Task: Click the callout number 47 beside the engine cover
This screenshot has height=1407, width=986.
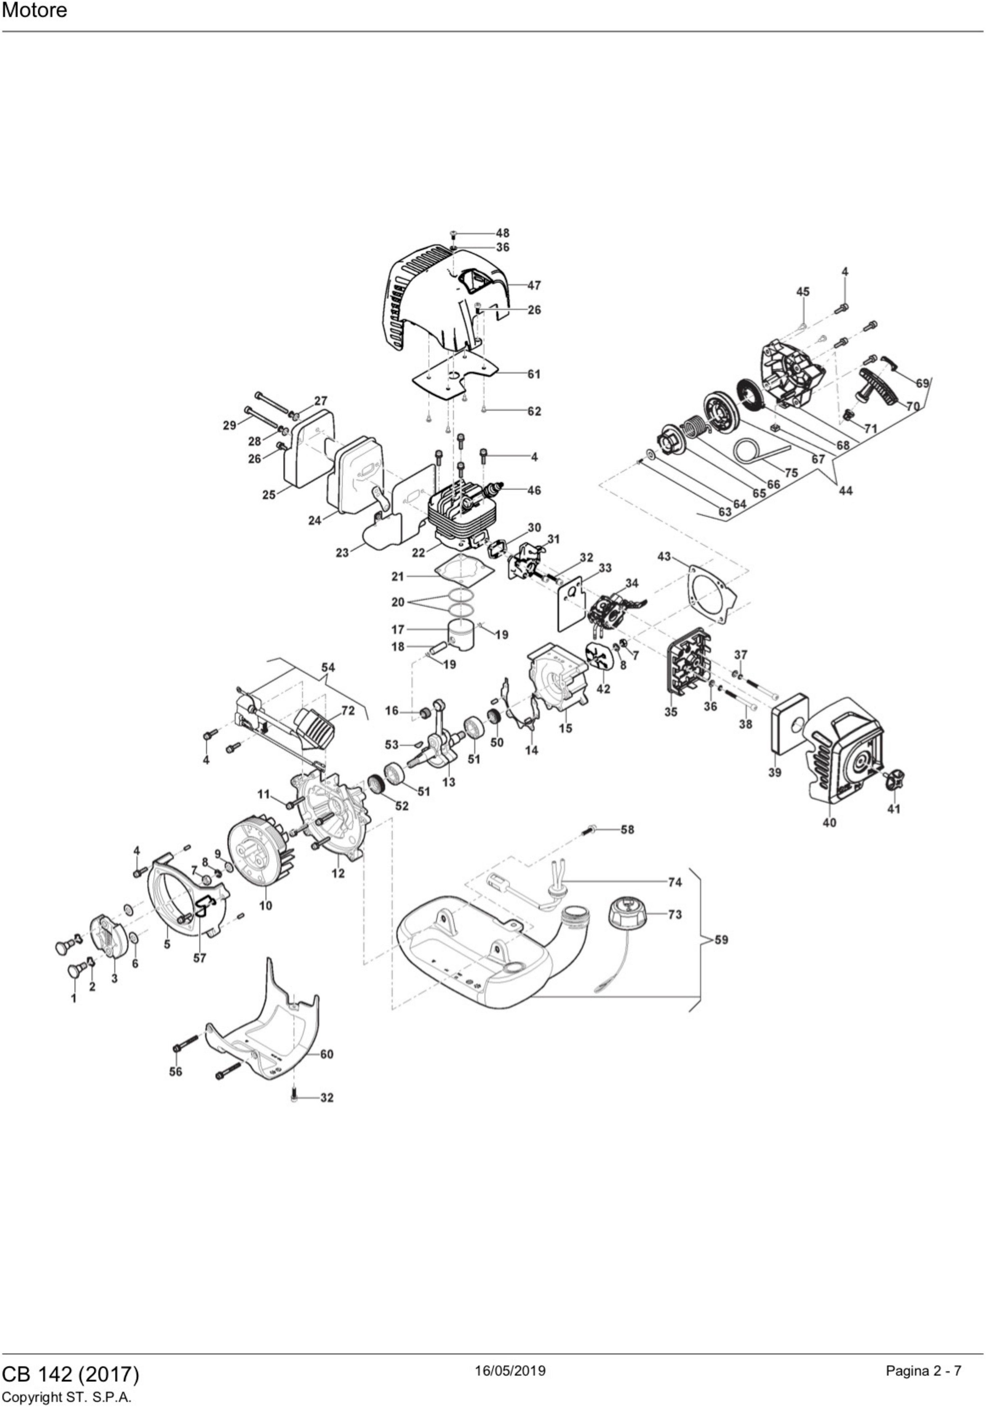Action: tap(534, 286)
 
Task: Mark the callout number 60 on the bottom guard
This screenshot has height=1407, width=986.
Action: tap(327, 1054)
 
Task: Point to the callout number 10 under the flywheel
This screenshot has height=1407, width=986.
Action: tap(265, 905)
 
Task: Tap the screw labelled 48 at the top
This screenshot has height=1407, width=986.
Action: tap(452, 234)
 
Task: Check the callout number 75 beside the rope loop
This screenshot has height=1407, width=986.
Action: tap(791, 473)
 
